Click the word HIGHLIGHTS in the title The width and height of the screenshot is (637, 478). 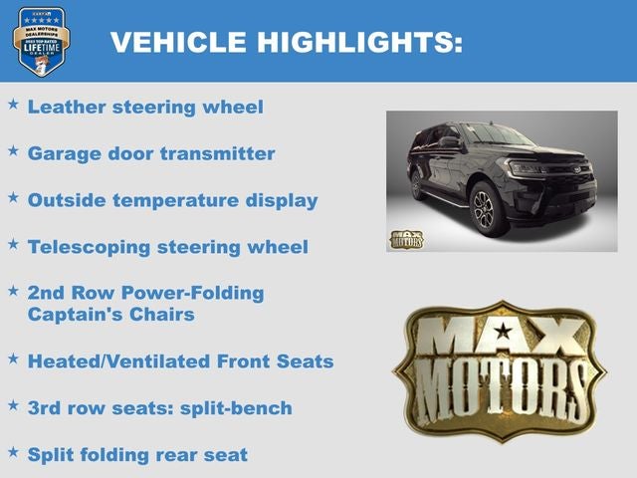click(360, 43)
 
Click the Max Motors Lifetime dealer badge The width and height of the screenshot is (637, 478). click(41, 42)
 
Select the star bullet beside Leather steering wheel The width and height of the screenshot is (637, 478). click(14, 103)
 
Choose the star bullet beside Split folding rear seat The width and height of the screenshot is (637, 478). click(14, 450)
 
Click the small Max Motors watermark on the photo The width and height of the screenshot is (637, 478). click(405, 239)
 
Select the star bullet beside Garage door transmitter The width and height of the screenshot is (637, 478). click(14, 149)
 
